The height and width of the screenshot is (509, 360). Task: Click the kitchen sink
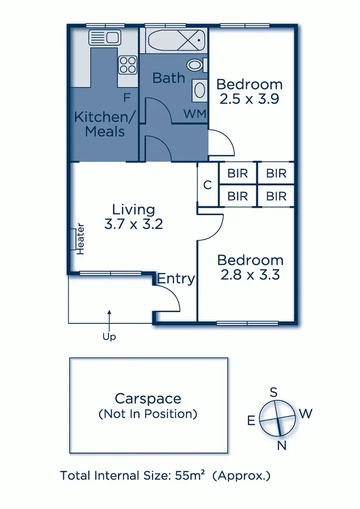(104, 37)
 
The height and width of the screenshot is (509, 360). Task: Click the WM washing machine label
(195, 114)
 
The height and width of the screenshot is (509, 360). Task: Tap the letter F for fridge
(127, 98)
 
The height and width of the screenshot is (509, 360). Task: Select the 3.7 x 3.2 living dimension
(133, 224)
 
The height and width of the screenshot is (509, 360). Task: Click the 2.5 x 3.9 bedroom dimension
(249, 99)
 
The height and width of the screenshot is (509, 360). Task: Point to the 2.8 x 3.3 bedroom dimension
(250, 275)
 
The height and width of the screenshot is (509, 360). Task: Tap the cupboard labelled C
(207, 185)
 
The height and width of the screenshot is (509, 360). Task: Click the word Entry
(176, 278)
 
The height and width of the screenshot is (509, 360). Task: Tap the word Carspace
(148, 398)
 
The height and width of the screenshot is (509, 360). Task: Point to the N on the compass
(282, 446)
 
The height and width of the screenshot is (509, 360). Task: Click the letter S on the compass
(274, 392)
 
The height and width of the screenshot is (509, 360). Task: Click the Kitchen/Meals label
(105, 124)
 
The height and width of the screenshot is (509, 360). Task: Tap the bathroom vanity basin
(199, 91)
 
